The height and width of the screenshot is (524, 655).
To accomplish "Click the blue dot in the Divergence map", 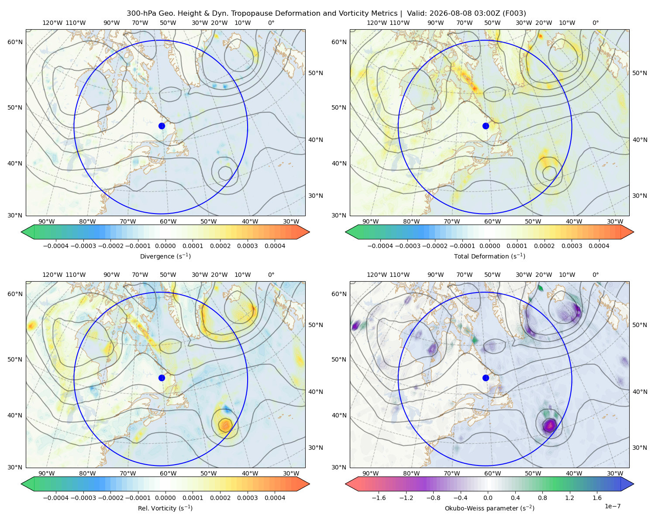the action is pyautogui.click(x=162, y=126).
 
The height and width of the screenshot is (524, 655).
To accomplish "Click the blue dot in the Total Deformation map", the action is pyautogui.click(x=486, y=126).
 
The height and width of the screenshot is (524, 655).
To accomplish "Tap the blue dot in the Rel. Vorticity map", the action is pyautogui.click(x=162, y=378).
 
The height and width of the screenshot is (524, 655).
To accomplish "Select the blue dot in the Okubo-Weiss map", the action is pyautogui.click(x=486, y=378).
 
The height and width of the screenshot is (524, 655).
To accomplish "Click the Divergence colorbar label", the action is pyautogui.click(x=165, y=256).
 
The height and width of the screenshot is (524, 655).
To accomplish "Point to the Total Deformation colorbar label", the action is pyautogui.click(x=490, y=256).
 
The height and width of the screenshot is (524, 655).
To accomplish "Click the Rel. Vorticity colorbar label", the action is pyautogui.click(x=165, y=508).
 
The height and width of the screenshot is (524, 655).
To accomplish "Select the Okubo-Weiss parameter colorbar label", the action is pyautogui.click(x=490, y=508).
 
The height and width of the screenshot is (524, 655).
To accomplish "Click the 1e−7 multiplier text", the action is pyautogui.click(x=612, y=506).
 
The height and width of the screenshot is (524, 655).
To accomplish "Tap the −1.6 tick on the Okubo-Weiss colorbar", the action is pyautogui.click(x=379, y=497).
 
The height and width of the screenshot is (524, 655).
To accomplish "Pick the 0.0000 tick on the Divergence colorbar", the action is pyautogui.click(x=165, y=246).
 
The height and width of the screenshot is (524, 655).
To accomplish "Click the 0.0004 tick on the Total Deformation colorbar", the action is pyautogui.click(x=599, y=246).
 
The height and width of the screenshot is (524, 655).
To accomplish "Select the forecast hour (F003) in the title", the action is pyautogui.click(x=514, y=14).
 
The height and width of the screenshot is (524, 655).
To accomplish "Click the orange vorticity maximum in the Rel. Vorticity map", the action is pyautogui.click(x=225, y=425).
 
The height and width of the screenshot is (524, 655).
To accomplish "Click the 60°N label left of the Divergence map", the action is pyautogui.click(x=15, y=42).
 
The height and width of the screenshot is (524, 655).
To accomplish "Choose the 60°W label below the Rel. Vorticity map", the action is pyautogui.click(x=168, y=473).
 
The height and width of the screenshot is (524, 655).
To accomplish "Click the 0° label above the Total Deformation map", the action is pyautogui.click(x=595, y=23).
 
